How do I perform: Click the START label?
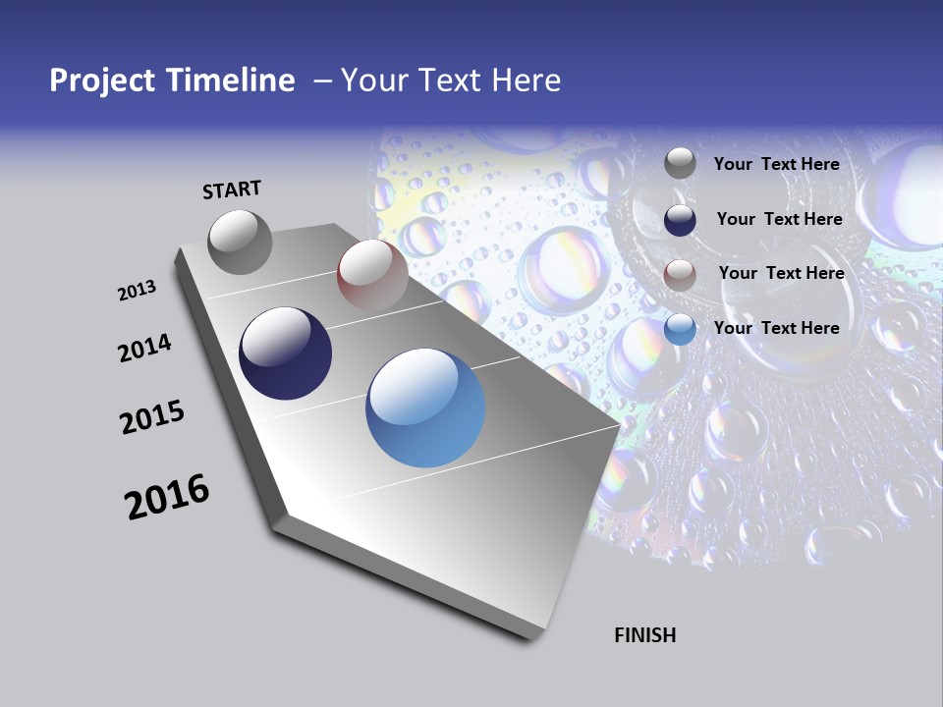232,190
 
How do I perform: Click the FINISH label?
644,635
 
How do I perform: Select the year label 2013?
137,291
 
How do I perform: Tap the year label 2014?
144,349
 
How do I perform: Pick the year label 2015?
152,417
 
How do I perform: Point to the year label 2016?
167,497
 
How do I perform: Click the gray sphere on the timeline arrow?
241,242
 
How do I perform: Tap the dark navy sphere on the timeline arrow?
285,353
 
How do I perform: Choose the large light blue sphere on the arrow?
425,408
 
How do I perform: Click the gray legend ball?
680,163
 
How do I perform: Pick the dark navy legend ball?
680,219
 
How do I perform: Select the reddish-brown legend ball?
680,275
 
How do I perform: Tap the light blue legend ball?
680,329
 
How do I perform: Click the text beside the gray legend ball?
776,164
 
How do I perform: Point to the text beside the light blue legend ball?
776,328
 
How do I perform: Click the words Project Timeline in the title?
172,81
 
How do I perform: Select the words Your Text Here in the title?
450,81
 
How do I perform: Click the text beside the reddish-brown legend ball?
781,273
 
